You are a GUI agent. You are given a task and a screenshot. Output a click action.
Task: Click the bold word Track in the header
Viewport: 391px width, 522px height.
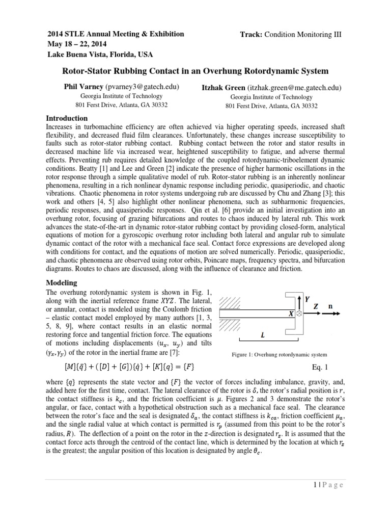click(x=250, y=35)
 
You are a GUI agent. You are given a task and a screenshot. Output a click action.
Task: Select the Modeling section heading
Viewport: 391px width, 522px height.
click(x=62, y=282)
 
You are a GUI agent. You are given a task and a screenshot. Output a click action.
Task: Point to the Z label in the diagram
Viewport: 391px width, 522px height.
click(x=316, y=307)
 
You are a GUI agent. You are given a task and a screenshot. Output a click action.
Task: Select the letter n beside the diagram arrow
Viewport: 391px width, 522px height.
click(x=330, y=307)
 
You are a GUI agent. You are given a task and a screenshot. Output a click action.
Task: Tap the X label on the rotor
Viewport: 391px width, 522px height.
click(x=291, y=315)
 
